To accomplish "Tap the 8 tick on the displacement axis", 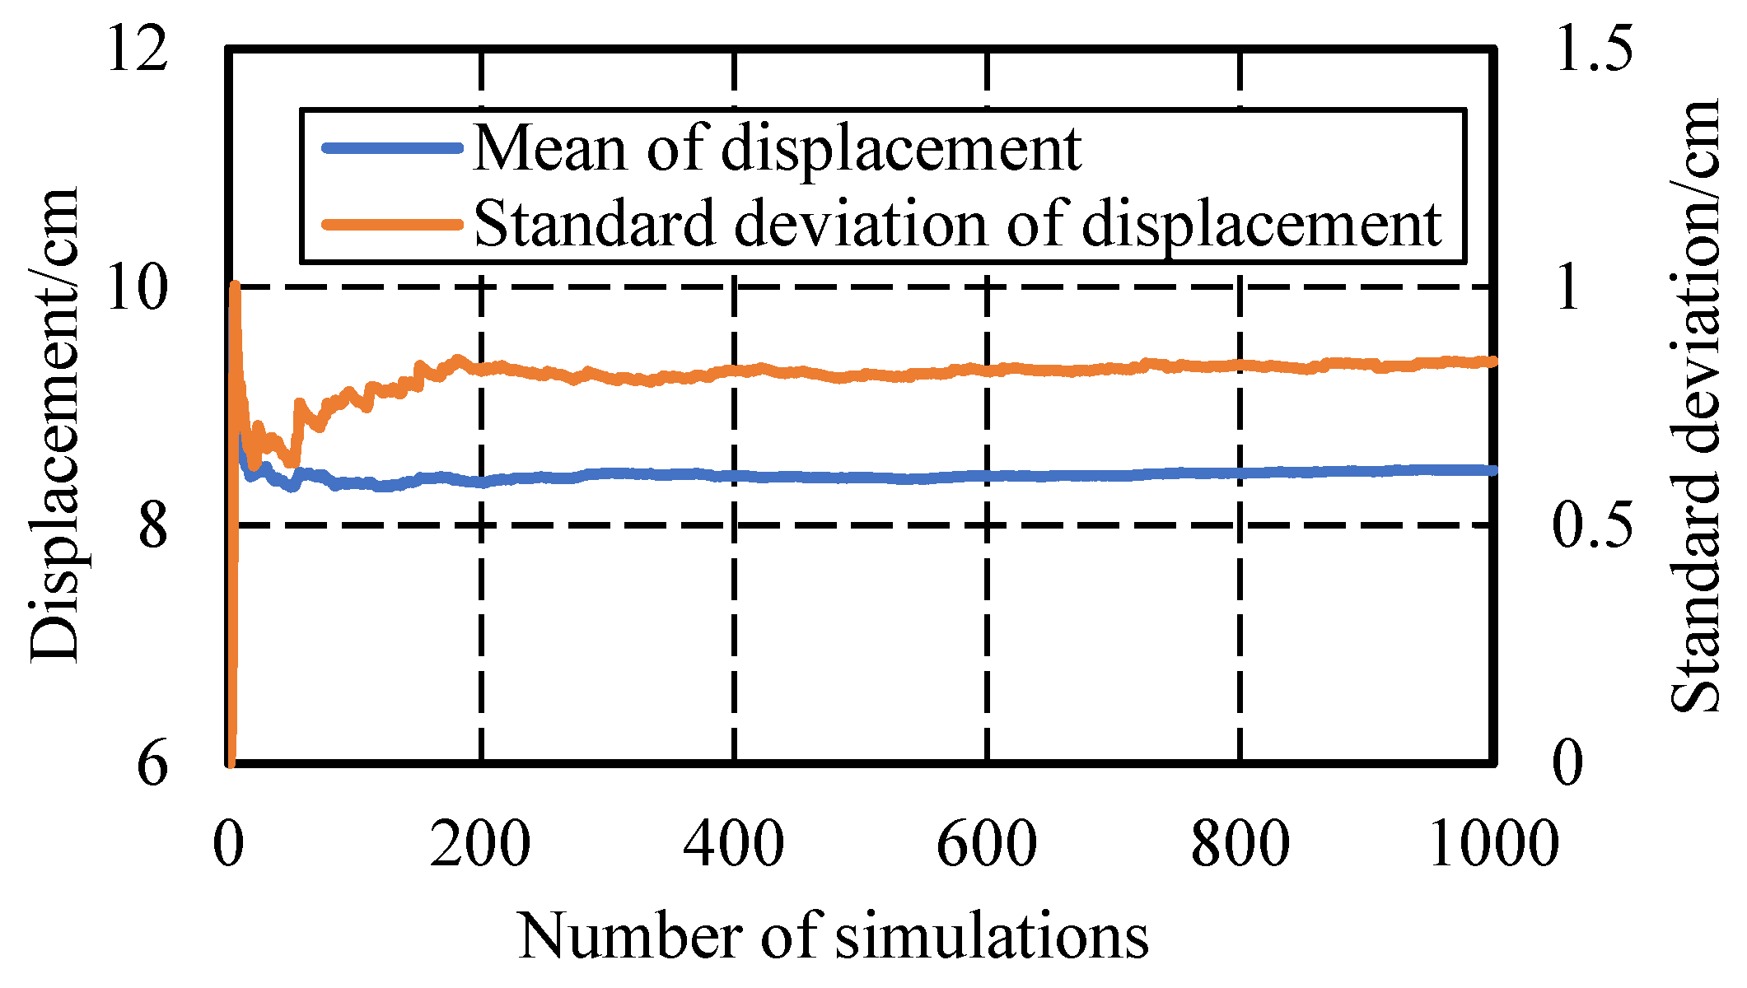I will click(153, 525).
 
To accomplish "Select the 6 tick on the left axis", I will click(153, 763).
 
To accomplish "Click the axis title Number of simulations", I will click(834, 936).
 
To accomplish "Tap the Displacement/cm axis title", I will click(54, 424).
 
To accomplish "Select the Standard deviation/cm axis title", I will click(1695, 408).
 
